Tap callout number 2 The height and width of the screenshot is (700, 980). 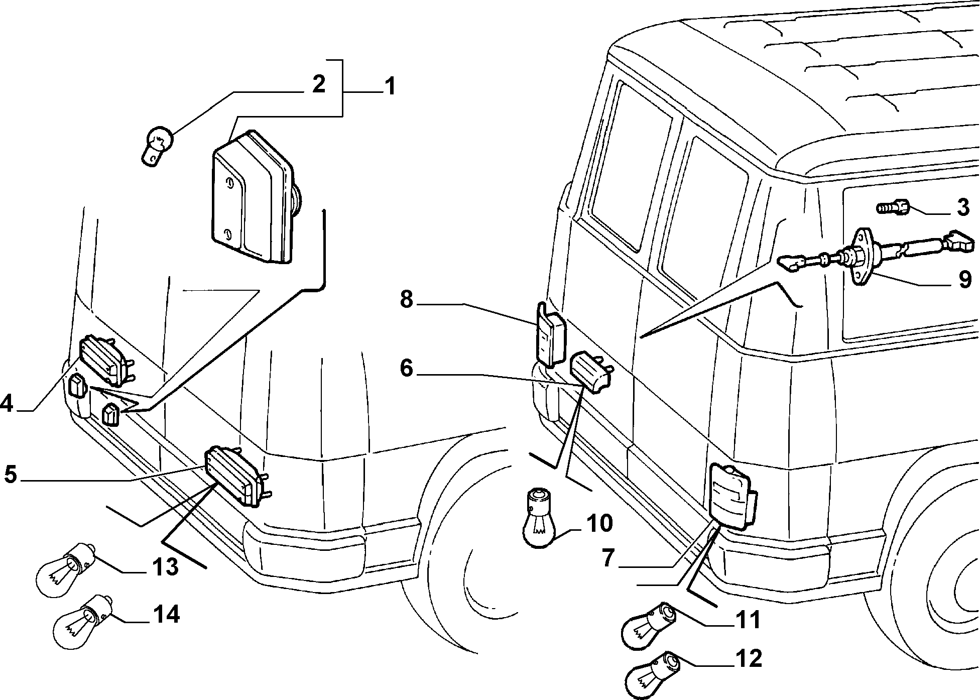click(x=318, y=84)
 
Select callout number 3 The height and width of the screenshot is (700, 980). click(x=962, y=207)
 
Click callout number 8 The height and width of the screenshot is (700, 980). click(x=407, y=299)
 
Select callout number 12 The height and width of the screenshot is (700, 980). click(x=748, y=659)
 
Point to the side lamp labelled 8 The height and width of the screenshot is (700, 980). click(x=551, y=333)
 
